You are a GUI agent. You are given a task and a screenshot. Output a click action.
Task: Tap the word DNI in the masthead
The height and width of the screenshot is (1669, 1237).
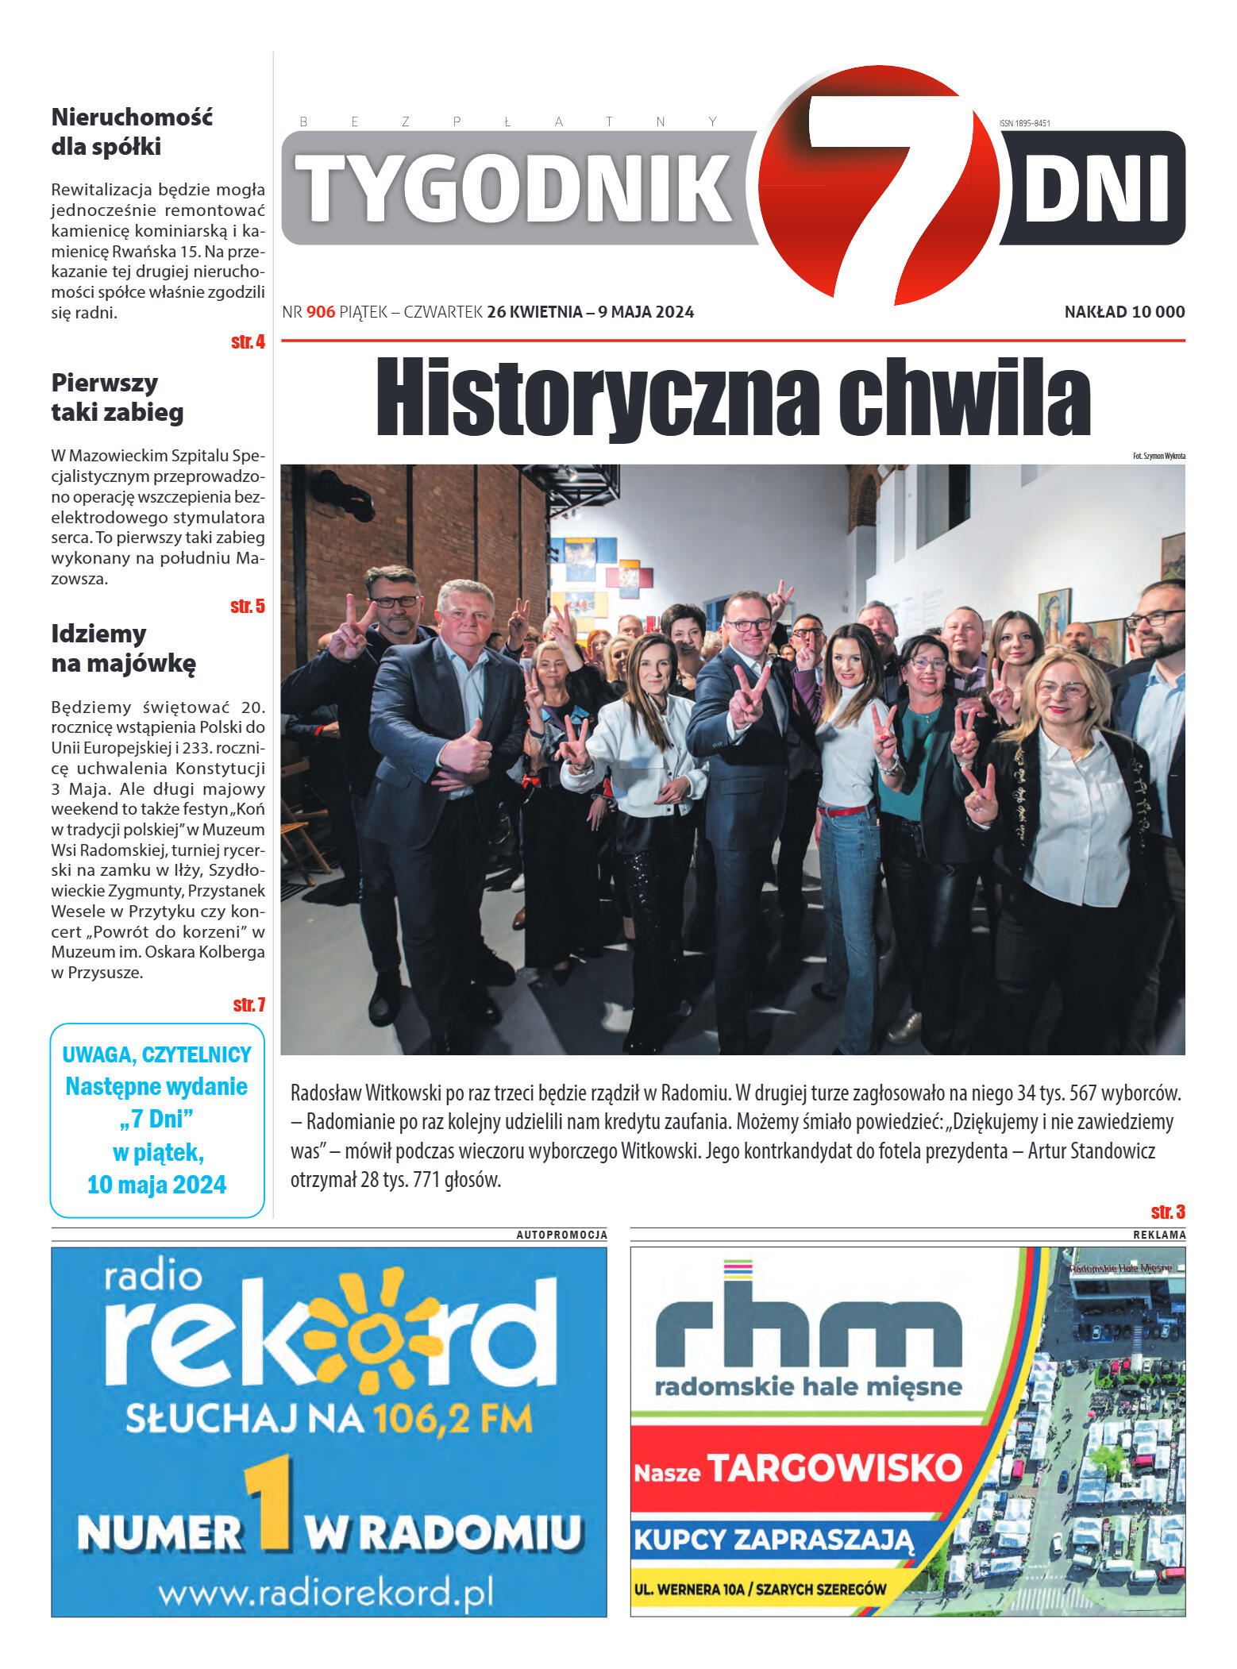coord(1096,189)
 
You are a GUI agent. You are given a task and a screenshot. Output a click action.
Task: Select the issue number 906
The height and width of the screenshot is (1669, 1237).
coord(321,312)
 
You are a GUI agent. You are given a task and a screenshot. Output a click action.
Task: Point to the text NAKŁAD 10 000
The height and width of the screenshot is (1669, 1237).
coord(1124,312)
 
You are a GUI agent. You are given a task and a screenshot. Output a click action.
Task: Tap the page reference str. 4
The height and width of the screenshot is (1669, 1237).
coord(248,342)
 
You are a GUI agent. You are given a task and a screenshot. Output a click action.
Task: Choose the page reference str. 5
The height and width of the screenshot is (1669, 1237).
coord(248,607)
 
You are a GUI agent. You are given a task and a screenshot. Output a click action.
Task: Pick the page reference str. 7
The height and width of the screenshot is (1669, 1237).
coord(249,1005)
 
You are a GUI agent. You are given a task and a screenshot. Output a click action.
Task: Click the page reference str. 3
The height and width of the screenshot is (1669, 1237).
coord(1168,1212)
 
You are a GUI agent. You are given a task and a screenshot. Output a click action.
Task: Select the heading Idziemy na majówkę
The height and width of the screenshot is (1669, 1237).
coord(123,649)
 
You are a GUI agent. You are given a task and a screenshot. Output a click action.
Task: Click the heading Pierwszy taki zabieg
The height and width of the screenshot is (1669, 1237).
coord(117,398)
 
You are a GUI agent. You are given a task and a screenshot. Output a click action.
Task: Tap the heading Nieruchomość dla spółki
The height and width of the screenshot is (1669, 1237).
coord(132,132)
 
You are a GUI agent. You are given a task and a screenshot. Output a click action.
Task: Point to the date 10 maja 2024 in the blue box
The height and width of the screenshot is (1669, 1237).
coord(156,1185)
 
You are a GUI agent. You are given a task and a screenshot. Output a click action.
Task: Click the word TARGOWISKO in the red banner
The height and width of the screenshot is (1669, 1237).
coord(834,1468)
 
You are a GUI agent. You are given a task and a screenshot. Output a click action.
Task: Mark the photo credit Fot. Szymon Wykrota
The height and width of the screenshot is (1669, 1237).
coord(1158,456)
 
